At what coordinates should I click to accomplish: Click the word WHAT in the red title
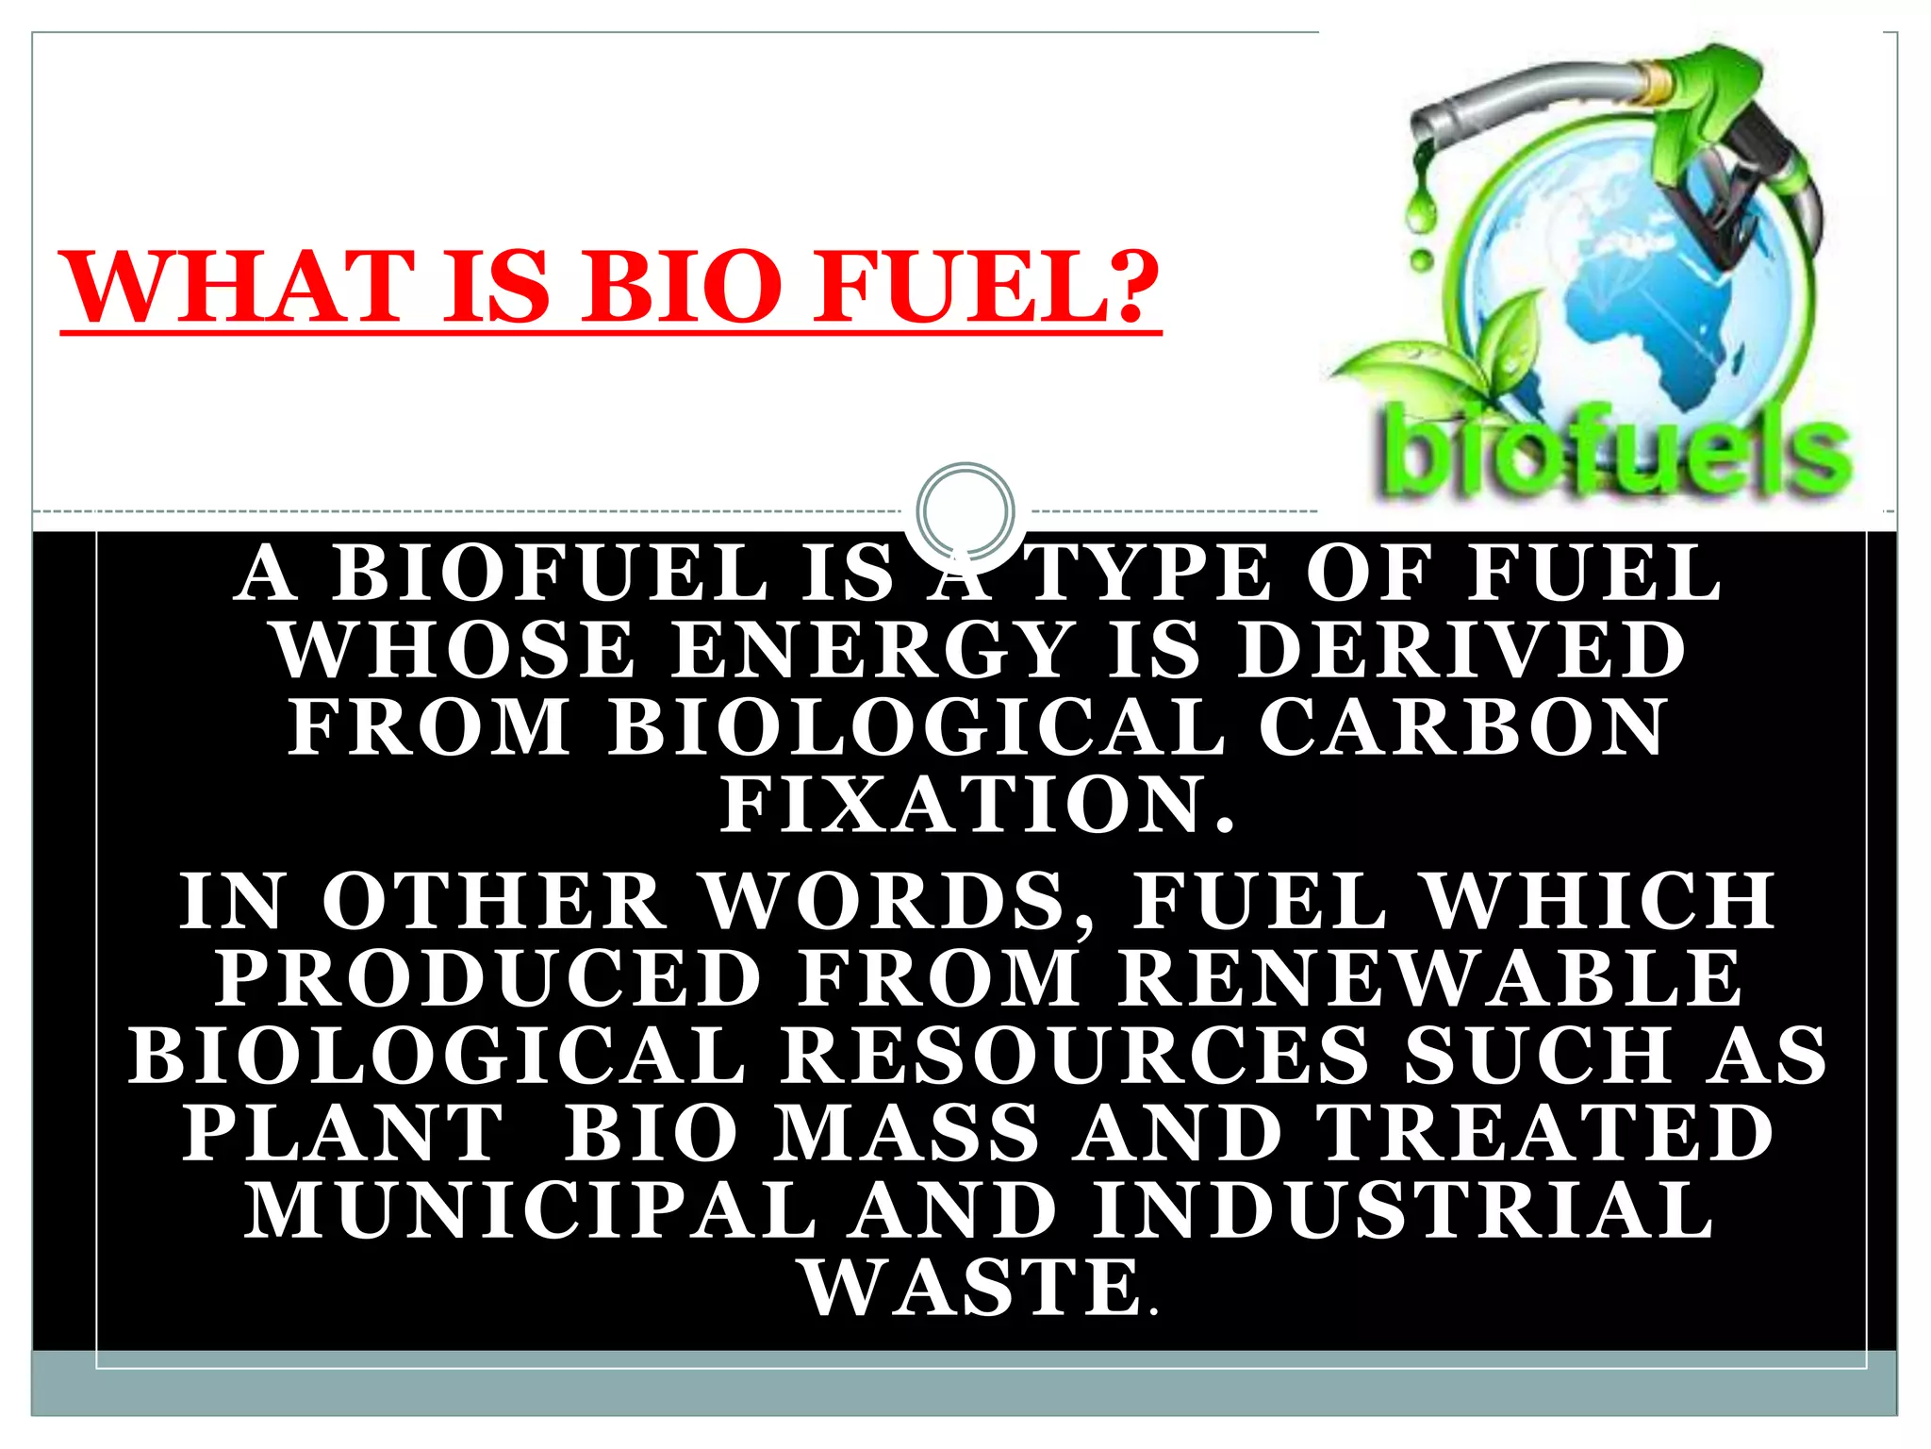[x=237, y=287]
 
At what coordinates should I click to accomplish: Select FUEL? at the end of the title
[x=985, y=287]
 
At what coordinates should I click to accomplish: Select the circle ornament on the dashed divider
[x=965, y=510]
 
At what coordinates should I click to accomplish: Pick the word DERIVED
[x=1461, y=650]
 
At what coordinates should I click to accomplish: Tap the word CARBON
[x=1461, y=727]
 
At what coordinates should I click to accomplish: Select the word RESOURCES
[x=1075, y=1055]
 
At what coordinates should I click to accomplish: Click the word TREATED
[x=1546, y=1132]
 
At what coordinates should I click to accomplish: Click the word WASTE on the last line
[x=971, y=1288]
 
